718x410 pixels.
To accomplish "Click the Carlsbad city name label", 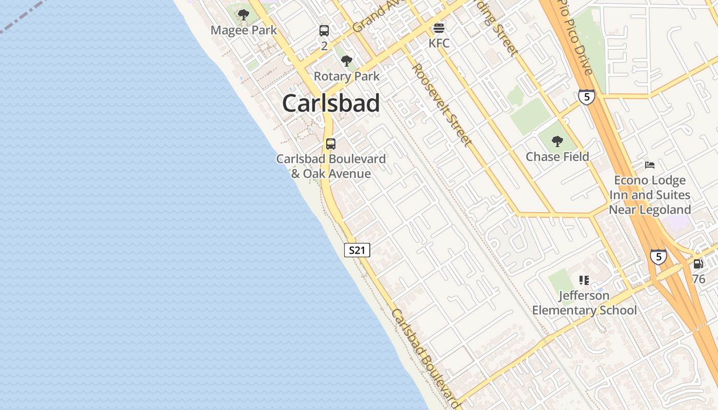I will click(331, 104).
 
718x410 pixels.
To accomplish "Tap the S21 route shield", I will click(356, 250).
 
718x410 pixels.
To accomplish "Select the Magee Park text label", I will click(244, 30).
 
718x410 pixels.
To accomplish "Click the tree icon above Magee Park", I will click(244, 15).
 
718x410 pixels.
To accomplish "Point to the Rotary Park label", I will click(347, 76).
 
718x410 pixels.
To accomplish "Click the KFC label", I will click(439, 43).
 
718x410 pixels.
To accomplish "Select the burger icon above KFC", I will click(439, 28).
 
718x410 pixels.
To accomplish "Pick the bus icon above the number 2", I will click(324, 31).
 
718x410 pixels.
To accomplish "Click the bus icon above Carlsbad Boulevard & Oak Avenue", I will click(331, 144).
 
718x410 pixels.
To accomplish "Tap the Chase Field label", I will click(557, 157).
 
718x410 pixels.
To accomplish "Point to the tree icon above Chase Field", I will click(557, 141).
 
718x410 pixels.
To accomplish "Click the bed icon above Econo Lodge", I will click(650, 165).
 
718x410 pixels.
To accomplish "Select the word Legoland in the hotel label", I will click(665, 210).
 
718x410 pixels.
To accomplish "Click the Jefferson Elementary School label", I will click(584, 303).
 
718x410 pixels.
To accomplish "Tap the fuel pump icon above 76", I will click(699, 264).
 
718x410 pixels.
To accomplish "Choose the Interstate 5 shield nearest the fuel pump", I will click(659, 256).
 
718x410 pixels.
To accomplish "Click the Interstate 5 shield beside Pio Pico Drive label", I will click(586, 96).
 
